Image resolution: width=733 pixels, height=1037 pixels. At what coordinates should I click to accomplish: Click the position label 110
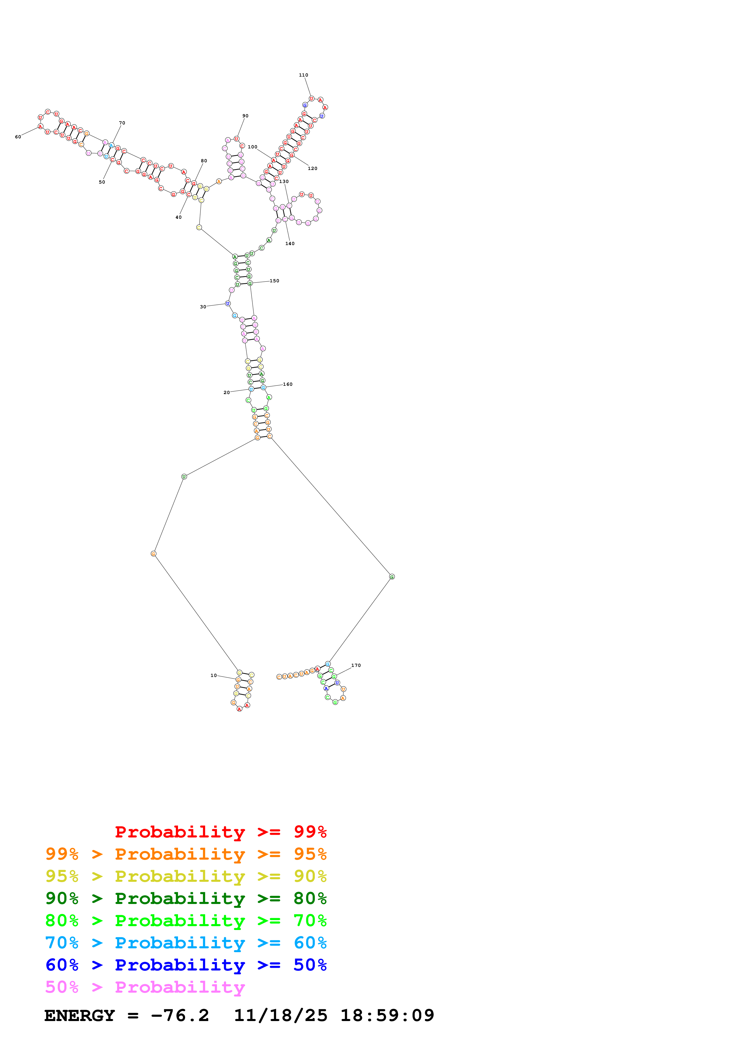[x=303, y=75]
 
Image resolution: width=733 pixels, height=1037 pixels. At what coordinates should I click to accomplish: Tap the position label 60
[x=18, y=137]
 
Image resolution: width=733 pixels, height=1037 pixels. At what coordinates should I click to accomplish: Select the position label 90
[x=245, y=116]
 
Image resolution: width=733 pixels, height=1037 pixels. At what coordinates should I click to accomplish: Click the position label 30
[x=203, y=307]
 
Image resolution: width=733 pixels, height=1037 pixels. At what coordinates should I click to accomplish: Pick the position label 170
[x=356, y=665]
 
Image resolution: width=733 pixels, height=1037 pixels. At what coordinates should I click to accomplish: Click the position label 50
[x=102, y=182]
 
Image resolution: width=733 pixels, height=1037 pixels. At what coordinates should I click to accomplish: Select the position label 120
[x=313, y=168]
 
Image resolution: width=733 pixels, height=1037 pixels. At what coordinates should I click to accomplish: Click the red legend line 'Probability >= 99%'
[x=220, y=832]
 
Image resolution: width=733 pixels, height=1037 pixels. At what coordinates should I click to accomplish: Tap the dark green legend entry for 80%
[x=186, y=898]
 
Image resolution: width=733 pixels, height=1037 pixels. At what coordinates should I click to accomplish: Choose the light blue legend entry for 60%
[x=186, y=943]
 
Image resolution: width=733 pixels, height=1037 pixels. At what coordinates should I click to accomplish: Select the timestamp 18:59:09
[x=387, y=1015]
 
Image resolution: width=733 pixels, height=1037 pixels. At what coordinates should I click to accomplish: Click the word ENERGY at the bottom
[x=80, y=1015]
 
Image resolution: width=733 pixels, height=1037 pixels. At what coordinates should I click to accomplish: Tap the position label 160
[x=288, y=384]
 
